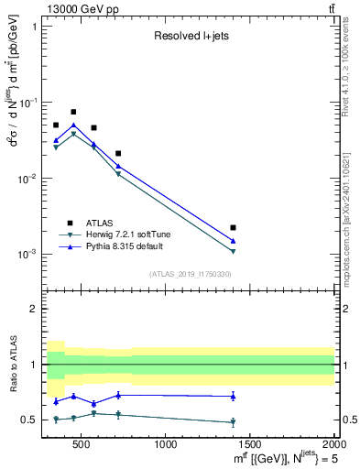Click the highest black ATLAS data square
pos(73,112)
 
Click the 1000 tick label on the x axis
pos(166,445)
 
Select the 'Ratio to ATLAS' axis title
pos(12,365)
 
